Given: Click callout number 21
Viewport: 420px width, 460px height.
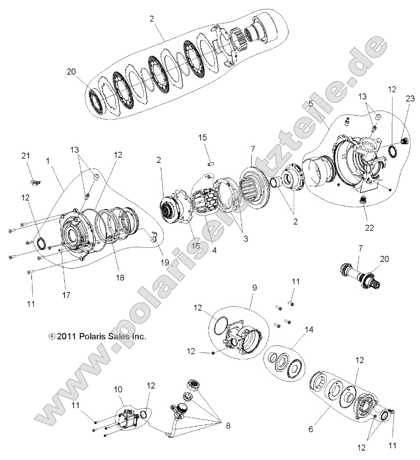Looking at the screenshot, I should point(26,156).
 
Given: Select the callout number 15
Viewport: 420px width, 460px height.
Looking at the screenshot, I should point(203,138).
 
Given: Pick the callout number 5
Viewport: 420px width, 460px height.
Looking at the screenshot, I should point(311,104).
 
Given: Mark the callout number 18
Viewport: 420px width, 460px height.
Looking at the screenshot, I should point(120,277).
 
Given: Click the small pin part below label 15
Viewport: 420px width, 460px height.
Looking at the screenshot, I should point(210,161).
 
